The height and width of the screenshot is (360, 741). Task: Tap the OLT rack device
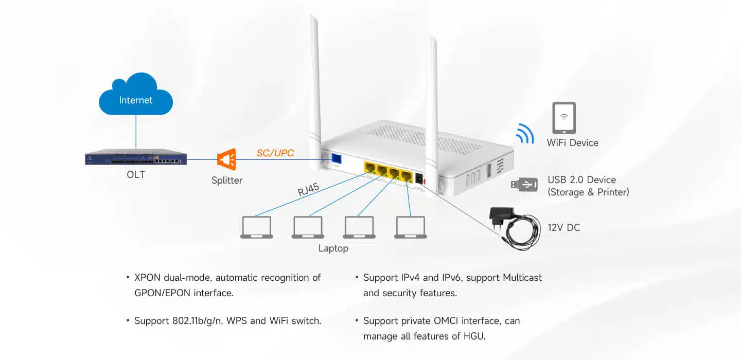136,157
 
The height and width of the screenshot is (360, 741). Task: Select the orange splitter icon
227,160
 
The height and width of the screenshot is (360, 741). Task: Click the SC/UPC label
275,153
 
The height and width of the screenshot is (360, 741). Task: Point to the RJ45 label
308,191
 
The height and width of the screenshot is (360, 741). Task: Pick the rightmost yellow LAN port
407,176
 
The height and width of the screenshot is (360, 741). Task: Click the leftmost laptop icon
256,227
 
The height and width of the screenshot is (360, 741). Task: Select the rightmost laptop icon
411,227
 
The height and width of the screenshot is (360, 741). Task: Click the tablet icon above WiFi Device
564,118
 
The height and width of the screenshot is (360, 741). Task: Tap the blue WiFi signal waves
525,133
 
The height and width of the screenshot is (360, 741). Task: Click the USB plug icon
524,184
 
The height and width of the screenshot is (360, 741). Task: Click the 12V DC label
564,227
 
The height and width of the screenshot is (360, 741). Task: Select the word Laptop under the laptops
333,248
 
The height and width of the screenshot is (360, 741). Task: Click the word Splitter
227,181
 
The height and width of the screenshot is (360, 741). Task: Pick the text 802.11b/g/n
203,321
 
